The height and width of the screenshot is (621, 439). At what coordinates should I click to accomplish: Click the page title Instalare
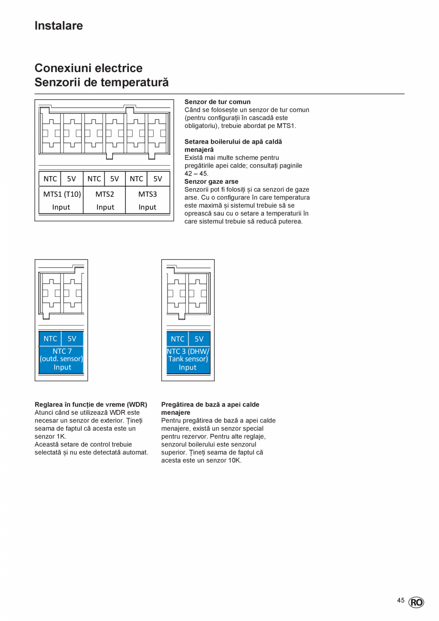click(59, 26)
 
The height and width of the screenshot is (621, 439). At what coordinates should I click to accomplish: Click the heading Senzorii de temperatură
click(102, 82)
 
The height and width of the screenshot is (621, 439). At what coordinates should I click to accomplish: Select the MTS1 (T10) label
click(62, 194)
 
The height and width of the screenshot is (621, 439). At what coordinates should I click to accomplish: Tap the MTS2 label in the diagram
click(105, 194)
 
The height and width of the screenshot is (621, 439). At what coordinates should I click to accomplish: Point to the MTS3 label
click(147, 194)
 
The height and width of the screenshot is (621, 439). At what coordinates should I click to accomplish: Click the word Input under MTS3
click(147, 207)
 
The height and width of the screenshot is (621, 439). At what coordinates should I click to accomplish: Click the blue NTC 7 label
click(62, 351)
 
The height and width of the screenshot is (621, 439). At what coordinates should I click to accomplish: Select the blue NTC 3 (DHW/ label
click(188, 351)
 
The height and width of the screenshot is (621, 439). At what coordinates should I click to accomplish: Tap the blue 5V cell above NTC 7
click(72, 338)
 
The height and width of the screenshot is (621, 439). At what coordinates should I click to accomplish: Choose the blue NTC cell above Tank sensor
click(178, 339)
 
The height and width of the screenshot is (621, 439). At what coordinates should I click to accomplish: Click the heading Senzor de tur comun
click(217, 102)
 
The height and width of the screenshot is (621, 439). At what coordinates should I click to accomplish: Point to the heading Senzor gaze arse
click(211, 181)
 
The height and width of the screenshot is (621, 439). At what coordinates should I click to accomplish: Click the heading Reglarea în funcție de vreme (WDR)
click(91, 404)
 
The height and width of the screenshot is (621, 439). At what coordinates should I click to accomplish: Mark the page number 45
click(401, 600)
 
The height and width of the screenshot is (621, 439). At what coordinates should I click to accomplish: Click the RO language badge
click(416, 602)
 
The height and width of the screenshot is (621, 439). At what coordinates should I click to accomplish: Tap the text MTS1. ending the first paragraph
click(286, 126)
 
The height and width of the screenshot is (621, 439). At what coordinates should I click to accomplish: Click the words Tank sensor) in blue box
click(188, 359)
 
